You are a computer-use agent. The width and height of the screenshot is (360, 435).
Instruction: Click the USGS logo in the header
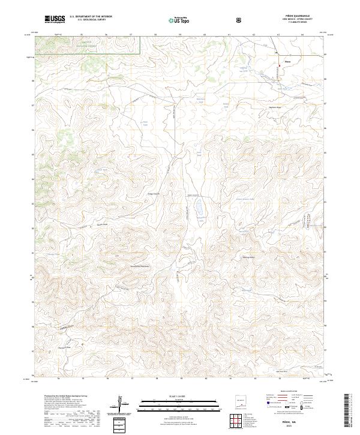coord(55,19)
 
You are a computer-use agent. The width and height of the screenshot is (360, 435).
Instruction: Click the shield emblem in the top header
coord(240,19)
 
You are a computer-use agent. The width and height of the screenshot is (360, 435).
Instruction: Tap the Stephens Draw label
coord(274,107)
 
